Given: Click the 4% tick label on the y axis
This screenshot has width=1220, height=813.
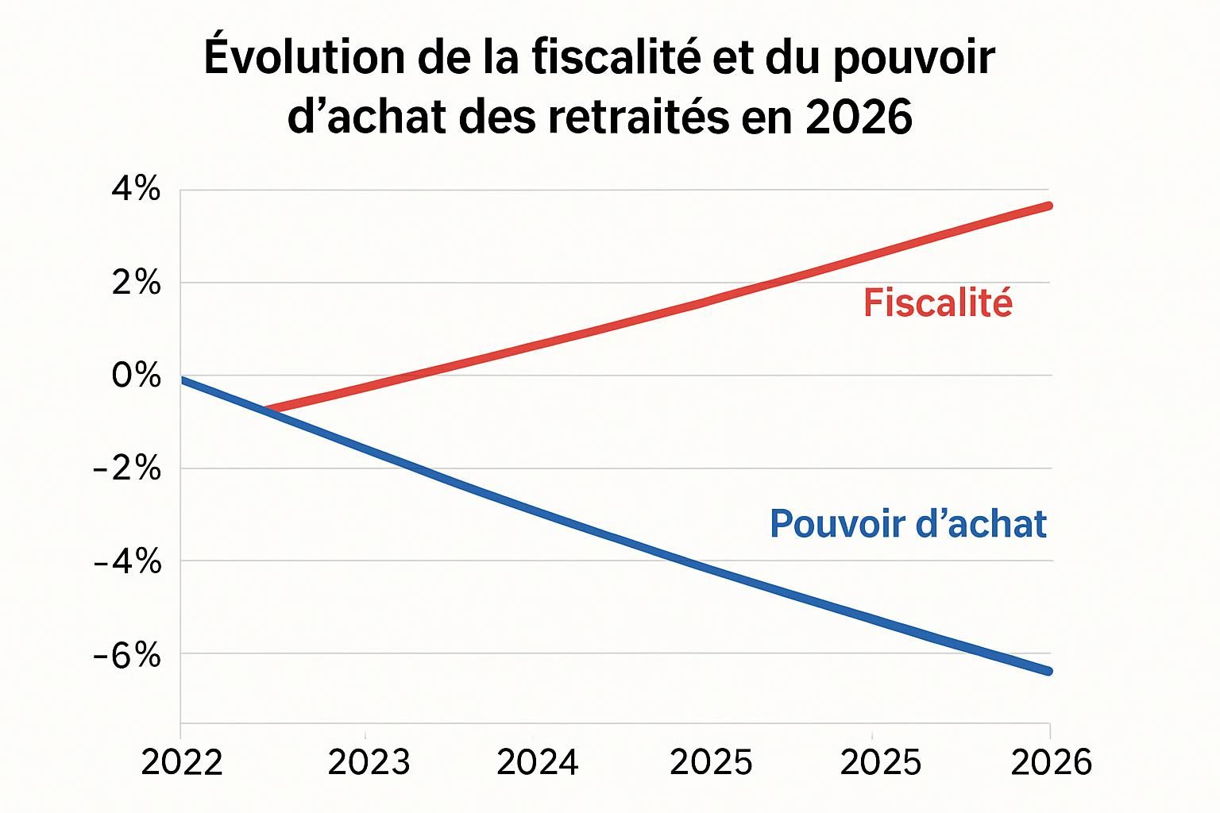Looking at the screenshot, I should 136,191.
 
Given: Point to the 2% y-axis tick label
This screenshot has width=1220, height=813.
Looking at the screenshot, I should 136,283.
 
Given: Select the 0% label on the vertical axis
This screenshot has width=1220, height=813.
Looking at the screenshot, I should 136,376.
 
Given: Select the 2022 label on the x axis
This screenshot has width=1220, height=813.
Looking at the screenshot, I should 182,763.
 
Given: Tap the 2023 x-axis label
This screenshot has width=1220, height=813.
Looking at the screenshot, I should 369,763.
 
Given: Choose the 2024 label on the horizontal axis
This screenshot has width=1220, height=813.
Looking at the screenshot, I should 538,763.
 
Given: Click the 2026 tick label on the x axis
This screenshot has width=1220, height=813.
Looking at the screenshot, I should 1051,763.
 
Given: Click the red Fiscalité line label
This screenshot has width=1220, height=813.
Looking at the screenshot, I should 938,303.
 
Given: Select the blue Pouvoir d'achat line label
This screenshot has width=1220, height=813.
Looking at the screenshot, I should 908,524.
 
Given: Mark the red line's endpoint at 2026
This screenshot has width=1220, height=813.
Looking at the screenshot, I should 1048,206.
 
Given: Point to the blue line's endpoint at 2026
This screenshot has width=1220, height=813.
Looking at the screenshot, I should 1048,671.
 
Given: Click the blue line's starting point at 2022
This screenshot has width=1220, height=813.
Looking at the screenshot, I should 184,380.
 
